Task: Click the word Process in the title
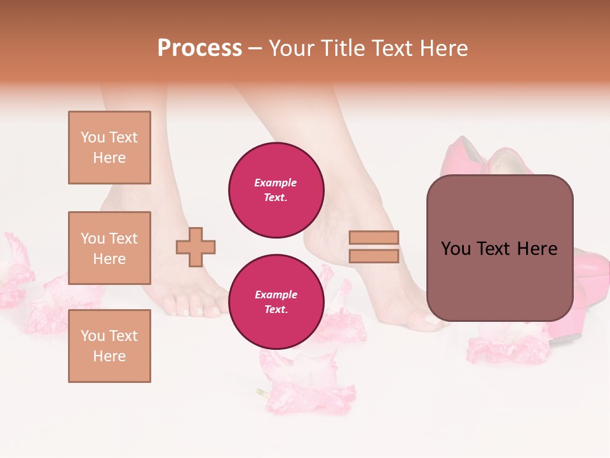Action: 200,48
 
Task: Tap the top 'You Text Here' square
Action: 109,148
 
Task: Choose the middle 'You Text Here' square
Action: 109,248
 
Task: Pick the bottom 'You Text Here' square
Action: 109,345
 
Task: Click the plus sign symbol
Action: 196,247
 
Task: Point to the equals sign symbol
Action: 374,247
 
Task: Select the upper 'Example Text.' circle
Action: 276,190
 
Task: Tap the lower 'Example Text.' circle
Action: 276,302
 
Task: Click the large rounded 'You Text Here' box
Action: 499,248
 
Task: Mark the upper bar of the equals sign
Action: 374,238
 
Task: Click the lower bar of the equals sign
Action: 374,256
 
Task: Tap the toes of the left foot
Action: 184,307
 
